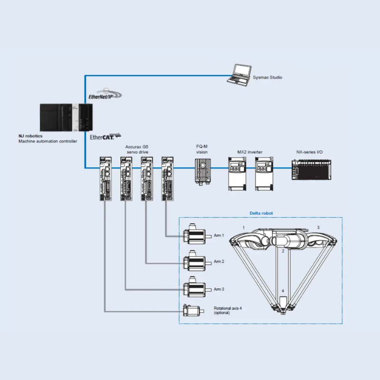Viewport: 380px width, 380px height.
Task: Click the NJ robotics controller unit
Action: (66, 118)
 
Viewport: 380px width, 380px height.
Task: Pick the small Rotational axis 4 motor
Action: (193, 310)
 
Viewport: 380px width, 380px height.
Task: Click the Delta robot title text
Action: (261, 213)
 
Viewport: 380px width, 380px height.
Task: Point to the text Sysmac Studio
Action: (268, 76)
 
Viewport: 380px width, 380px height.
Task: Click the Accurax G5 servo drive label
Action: (137, 150)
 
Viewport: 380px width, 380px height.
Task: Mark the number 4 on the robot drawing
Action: (282, 291)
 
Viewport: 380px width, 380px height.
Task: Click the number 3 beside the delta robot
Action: (318, 228)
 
